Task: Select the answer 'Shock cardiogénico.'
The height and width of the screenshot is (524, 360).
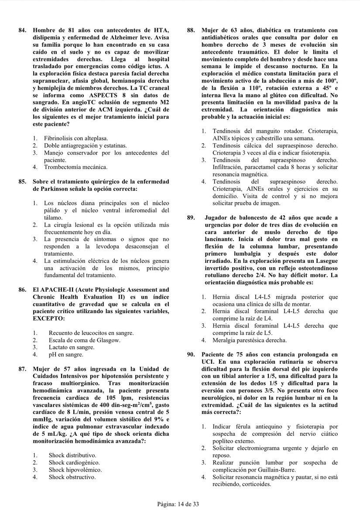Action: pos(74,462)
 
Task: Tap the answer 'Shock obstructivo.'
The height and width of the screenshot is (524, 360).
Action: pos(72,477)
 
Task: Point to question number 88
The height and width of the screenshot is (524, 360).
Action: pos(191,29)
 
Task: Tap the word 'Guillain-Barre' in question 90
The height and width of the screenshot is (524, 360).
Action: pos(273,470)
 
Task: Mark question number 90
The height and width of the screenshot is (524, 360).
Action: pos(191,354)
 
